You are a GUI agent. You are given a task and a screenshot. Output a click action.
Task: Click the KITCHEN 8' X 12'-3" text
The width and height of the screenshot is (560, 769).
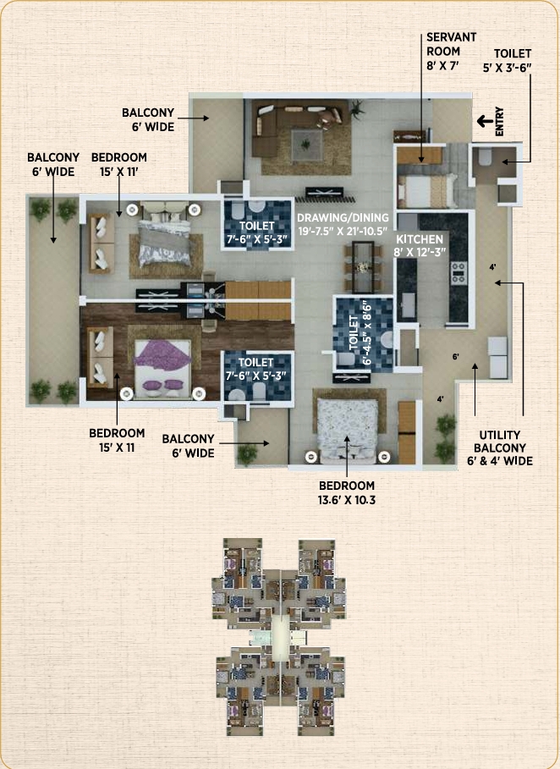(x=420, y=245)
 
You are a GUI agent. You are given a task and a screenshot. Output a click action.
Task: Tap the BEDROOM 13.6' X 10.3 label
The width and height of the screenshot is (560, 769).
(x=346, y=492)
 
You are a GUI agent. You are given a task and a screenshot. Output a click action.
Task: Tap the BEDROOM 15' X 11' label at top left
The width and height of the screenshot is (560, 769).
(x=118, y=164)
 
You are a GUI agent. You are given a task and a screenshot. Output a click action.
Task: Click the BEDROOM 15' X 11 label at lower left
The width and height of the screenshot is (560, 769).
(x=117, y=440)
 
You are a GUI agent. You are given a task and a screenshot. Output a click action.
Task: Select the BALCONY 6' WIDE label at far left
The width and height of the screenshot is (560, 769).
(x=53, y=164)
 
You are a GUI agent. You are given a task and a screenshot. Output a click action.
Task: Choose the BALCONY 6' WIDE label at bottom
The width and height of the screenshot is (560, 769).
(x=188, y=446)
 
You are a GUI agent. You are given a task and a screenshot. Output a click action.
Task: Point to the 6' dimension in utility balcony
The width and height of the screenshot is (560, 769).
(x=456, y=357)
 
